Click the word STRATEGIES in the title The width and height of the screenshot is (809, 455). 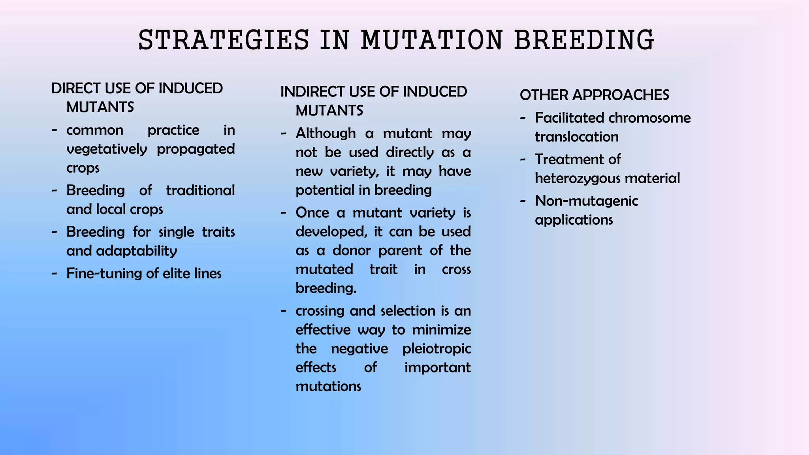pos(224,40)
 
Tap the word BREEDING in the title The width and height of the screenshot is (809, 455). pos(584,40)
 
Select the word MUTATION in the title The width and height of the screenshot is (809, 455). pos(432,40)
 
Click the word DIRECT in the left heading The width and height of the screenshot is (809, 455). pos(76,88)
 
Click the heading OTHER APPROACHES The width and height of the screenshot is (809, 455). pos(594,95)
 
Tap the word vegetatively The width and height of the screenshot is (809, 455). pos(107,149)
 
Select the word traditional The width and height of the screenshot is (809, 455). pos(200,190)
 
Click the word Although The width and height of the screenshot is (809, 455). pos(325,133)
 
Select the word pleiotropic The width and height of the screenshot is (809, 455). pos(436,349)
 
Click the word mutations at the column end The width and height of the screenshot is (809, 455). pos(328,386)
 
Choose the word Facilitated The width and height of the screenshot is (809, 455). pos(569,118)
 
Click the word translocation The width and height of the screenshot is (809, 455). pos(576,137)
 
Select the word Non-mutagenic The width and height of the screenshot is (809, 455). pos(586,201)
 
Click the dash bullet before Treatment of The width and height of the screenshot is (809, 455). pos(523,159)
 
